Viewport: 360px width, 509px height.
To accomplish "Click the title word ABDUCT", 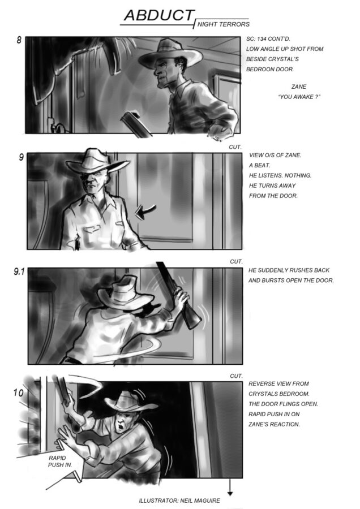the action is [159, 15].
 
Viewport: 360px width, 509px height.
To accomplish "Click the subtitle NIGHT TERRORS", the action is [224, 24].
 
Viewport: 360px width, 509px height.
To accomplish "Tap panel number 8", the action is [19, 40].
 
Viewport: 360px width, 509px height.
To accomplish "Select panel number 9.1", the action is [19, 271].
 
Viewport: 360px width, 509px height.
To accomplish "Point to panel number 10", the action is [18, 393].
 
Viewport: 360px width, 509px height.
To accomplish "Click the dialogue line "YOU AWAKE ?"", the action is [299, 97].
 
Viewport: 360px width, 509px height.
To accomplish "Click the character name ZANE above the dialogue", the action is [299, 87].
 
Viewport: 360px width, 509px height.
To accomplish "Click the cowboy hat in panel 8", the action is [170, 54].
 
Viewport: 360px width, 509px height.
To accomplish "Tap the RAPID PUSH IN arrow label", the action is [60, 461].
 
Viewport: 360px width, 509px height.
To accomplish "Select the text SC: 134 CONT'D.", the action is [268, 39].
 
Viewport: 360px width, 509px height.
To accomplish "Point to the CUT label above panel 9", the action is [235, 147].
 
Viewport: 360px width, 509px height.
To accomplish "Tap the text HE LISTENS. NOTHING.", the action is [280, 176].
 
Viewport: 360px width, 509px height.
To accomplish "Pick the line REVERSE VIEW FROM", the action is [278, 383].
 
